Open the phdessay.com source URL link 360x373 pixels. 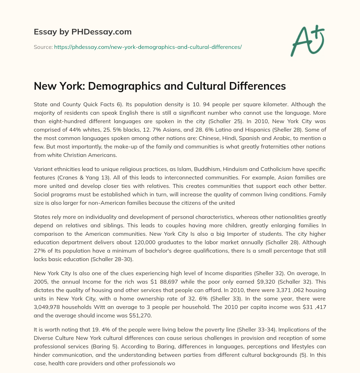(148, 47)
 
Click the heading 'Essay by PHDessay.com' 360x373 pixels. (83, 32)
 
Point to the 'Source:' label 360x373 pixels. (43, 47)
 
